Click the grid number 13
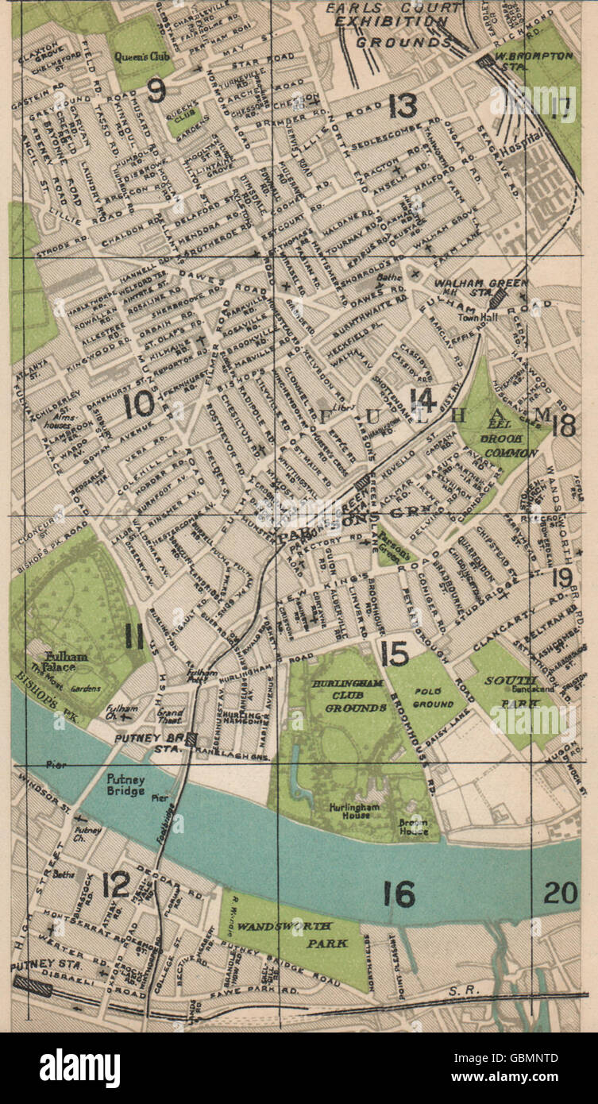[x=403, y=105]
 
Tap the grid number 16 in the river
[x=399, y=894]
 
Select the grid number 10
[x=140, y=406]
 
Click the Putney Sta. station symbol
[x=33, y=986]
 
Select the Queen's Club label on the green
[x=137, y=56]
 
